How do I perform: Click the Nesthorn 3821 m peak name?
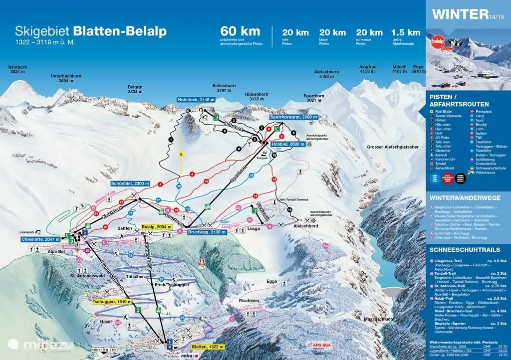point(17,69)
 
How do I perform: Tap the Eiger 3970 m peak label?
point(418,69)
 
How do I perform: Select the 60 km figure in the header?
point(241,31)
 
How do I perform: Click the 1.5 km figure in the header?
point(406,32)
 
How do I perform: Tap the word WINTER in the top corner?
point(460,14)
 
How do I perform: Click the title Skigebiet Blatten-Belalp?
point(91,31)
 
